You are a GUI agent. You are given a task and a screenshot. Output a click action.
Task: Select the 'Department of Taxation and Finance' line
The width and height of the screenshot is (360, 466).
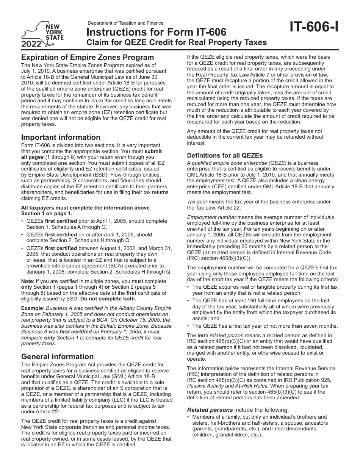click(x=125, y=23)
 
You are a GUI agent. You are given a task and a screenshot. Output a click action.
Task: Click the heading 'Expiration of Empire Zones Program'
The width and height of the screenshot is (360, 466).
click(x=88, y=57)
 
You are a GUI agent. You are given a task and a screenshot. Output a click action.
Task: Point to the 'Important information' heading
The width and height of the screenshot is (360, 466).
click(x=61, y=137)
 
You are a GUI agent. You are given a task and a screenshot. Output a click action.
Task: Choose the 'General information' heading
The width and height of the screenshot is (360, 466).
click(x=57, y=357)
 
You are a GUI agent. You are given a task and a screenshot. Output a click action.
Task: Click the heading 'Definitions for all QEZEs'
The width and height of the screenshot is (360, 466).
click(x=225, y=155)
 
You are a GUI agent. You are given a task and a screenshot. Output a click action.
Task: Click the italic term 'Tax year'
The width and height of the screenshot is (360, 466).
click(x=197, y=202)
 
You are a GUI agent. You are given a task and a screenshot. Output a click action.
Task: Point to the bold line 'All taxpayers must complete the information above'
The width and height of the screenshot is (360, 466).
click(x=85, y=208)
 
